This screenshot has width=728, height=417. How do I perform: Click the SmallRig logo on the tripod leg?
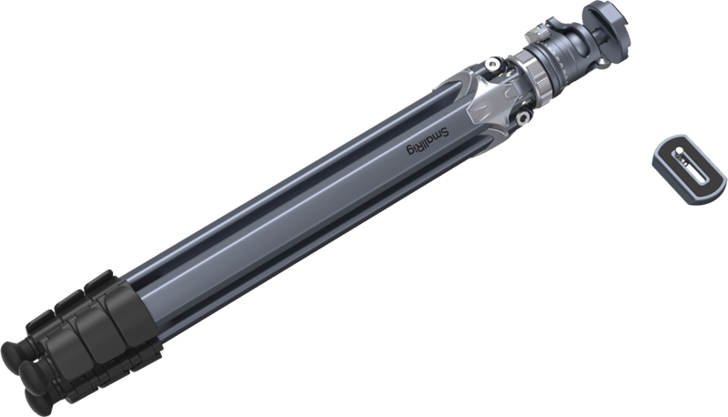pos(428,141)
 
